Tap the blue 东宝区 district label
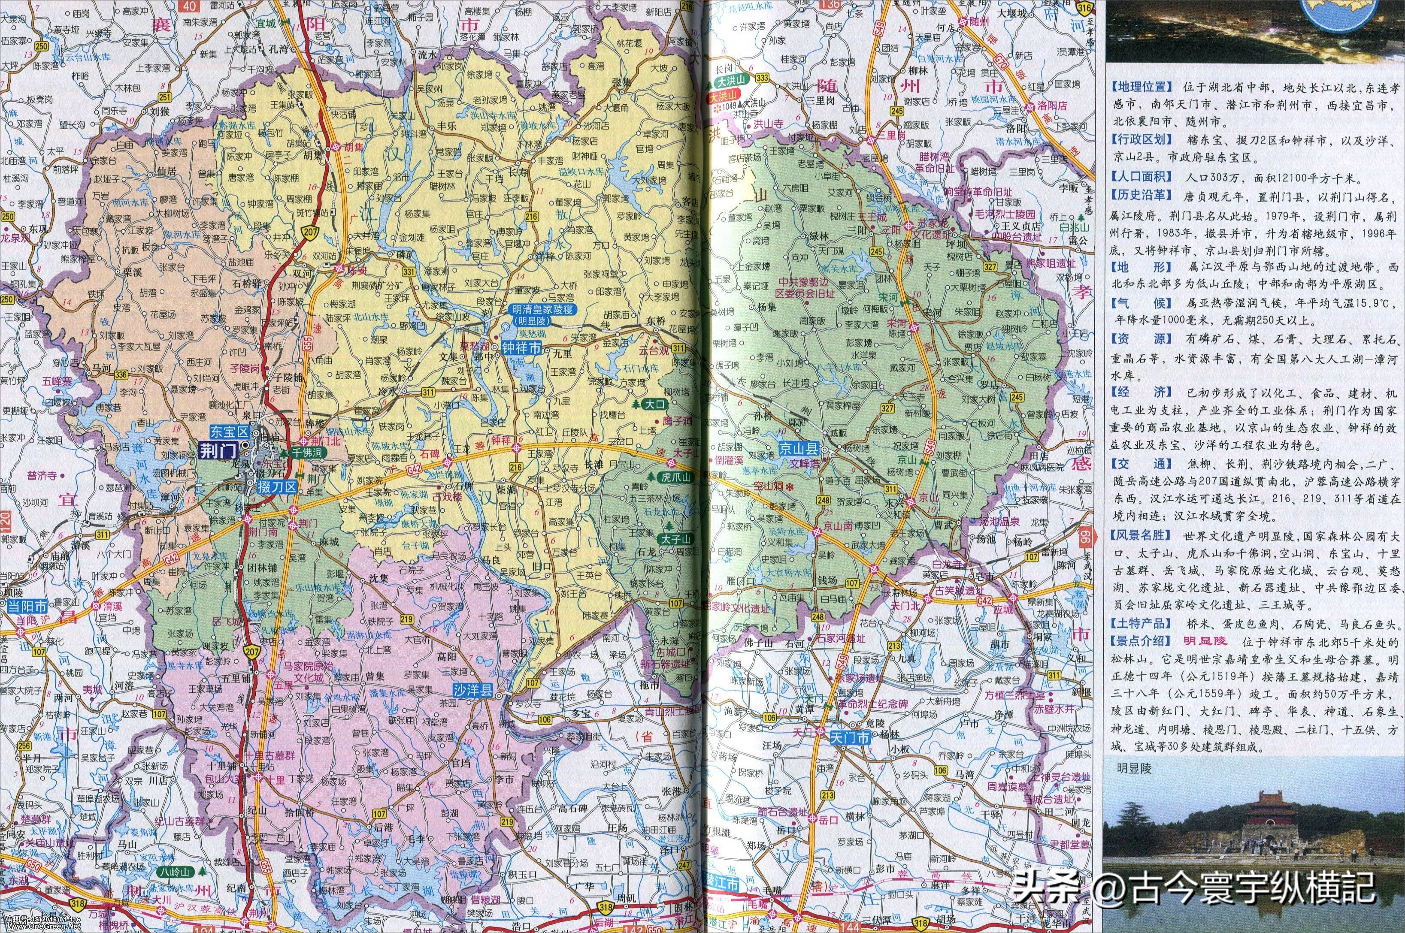coord(227,429)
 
